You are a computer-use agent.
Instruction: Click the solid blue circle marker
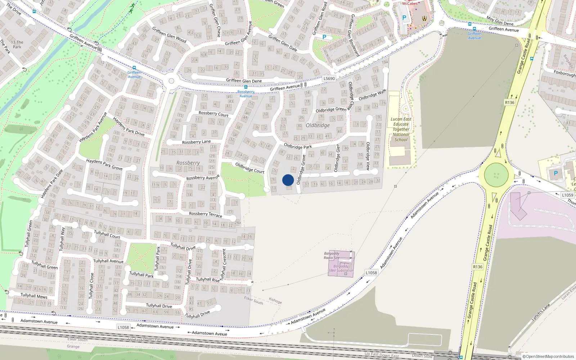(x=288, y=180)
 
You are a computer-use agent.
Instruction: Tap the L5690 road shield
(x=329, y=78)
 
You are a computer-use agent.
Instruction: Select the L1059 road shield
(x=567, y=195)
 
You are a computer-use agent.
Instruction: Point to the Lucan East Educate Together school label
(x=401, y=129)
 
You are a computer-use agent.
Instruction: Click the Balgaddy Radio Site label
(x=332, y=256)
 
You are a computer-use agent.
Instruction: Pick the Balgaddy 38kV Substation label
(x=341, y=269)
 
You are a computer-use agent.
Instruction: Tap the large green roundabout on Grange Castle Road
(x=496, y=175)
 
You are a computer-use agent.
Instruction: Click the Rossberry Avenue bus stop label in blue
(x=246, y=94)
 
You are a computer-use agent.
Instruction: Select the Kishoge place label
(x=275, y=301)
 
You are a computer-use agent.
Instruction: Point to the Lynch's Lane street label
(x=541, y=312)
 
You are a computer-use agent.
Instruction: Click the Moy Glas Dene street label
(x=500, y=21)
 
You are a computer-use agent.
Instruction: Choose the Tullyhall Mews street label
(x=34, y=296)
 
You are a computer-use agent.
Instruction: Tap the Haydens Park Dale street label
(x=51, y=184)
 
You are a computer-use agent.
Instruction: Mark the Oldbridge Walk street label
(x=372, y=95)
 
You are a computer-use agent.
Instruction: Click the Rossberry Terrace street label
(x=206, y=214)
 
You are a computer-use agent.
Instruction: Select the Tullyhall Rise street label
(x=208, y=279)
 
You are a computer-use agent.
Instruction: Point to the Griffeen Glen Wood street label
(x=169, y=35)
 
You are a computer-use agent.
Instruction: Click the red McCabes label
(x=410, y=3)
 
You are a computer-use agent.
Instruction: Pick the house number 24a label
(x=238, y=223)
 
